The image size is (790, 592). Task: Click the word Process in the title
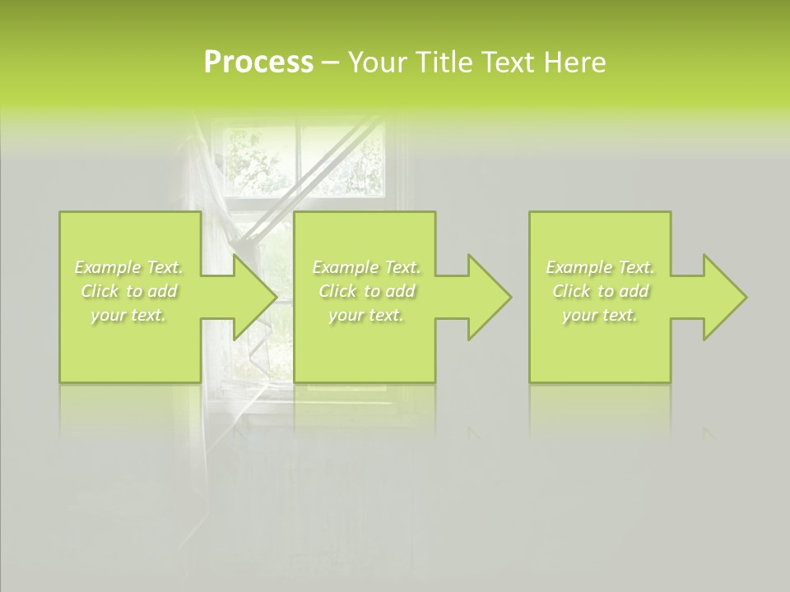pos(258,62)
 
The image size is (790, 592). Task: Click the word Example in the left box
pos(106,267)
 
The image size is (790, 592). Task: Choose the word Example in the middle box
pos(344,267)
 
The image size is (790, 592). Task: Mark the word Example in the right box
pos(578,267)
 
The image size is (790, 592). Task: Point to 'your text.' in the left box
pos(128,315)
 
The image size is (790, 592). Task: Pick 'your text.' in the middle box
pos(365,315)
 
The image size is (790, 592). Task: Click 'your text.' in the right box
pos(600,315)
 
